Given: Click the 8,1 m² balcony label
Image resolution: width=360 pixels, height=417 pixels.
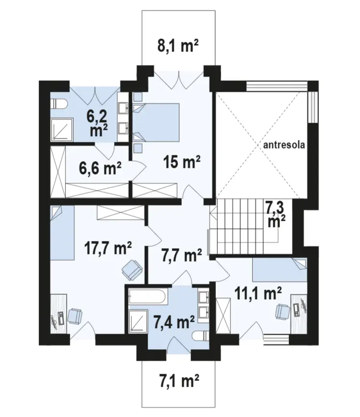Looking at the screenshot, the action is click(x=178, y=46).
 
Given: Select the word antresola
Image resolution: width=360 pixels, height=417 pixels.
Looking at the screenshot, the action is click(x=284, y=145).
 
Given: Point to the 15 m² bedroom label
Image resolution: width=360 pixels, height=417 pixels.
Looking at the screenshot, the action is click(x=182, y=162).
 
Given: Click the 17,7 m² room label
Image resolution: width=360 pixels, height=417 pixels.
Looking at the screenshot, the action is click(x=108, y=248).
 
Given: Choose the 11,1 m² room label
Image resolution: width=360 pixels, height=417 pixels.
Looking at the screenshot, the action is click(x=258, y=294).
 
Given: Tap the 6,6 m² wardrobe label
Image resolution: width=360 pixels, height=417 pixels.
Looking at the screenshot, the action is click(x=100, y=168).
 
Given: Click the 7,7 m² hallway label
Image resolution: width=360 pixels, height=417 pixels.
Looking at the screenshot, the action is click(x=182, y=256).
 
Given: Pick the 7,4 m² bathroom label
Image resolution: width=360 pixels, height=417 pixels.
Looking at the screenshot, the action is click(x=174, y=322).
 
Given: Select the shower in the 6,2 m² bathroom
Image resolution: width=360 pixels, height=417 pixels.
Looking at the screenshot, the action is click(x=62, y=129).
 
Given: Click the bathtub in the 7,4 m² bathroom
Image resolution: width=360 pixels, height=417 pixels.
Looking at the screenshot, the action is click(x=148, y=297).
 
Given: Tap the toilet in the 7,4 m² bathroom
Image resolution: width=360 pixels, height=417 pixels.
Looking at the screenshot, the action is click(x=200, y=336).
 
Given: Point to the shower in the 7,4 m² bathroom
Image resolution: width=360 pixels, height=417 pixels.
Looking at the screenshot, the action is click(x=138, y=321).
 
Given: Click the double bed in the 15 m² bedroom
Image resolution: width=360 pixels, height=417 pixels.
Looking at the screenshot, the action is click(x=156, y=122).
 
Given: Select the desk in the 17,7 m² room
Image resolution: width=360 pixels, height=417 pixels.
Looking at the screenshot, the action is click(x=58, y=314).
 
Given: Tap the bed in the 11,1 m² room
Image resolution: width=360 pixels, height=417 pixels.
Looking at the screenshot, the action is click(x=280, y=269).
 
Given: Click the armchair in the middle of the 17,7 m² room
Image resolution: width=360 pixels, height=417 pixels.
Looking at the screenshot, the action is click(x=132, y=270).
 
